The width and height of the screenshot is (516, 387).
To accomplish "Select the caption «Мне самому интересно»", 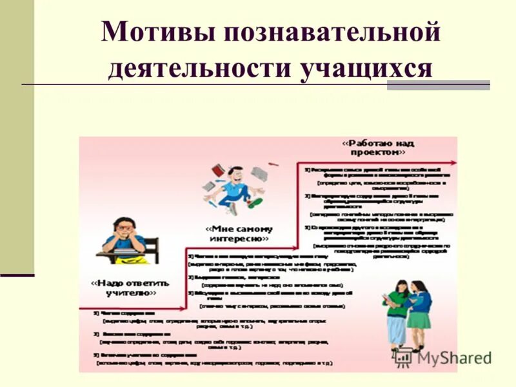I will pos(239,233).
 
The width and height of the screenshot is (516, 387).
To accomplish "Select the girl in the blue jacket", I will pos(420,310).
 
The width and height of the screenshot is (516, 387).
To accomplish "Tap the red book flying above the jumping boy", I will pos(217,170).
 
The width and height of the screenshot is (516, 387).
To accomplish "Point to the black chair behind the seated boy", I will pos(150,248).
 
